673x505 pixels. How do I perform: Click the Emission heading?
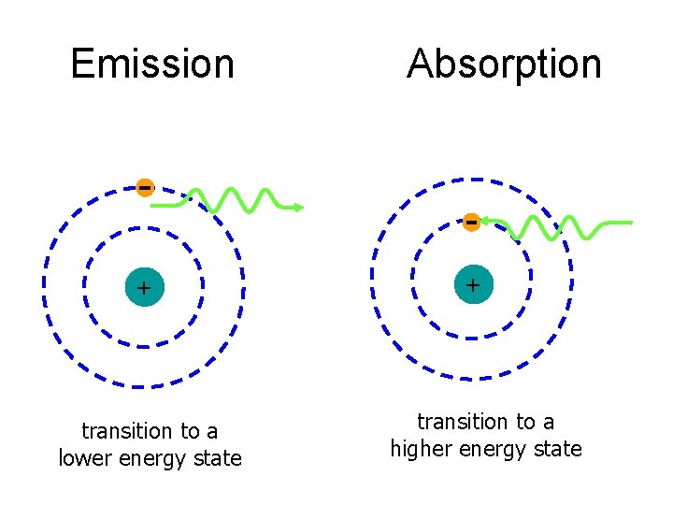click(x=152, y=65)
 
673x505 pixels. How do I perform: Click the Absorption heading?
click(x=504, y=65)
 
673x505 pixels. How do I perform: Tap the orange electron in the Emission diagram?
click(x=144, y=187)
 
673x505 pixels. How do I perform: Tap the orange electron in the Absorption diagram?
click(x=472, y=222)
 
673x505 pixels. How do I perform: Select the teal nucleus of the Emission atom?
click(x=143, y=287)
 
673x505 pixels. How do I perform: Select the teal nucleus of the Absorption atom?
click(x=473, y=284)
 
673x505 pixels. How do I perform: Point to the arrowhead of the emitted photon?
click(x=299, y=208)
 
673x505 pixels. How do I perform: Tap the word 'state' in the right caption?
click(x=558, y=449)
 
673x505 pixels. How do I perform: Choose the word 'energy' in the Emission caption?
click(x=155, y=458)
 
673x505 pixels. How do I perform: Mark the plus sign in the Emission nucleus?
click(x=143, y=288)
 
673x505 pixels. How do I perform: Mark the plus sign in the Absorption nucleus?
click(x=473, y=284)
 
